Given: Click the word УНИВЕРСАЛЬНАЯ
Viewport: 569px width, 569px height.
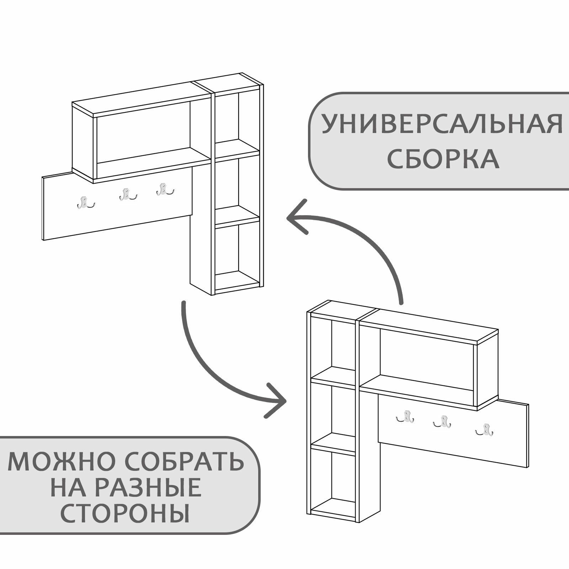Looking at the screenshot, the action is [442, 124].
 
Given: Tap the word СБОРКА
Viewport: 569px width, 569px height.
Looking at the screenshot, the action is [443, 159].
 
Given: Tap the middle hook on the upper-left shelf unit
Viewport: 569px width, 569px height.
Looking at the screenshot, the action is [125, 195].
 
